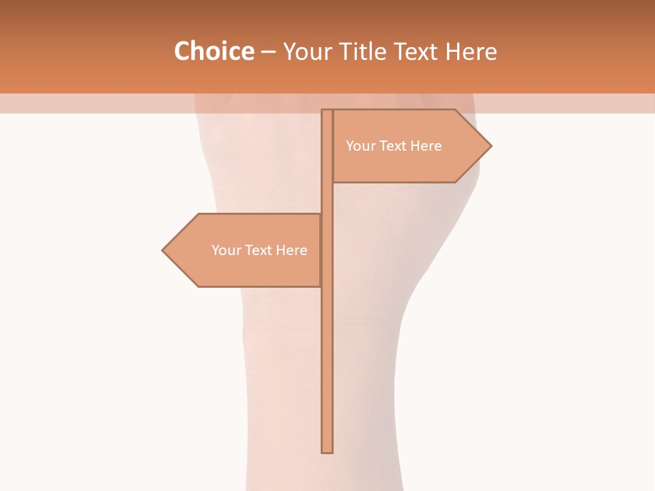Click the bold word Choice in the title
[x=214, y=51]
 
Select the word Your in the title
[x=306, y=51]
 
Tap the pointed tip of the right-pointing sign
[x=491, y=146]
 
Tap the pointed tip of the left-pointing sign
[x=163, y=250]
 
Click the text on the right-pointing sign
[x=394, y=146]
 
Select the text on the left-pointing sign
[x=259, y=250]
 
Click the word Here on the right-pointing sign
[x=426, y=146]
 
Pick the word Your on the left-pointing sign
[x=226, y=250]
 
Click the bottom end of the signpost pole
[x=327, y=451]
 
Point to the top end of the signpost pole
[x=327, y=111]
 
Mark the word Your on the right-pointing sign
[x=360, y=146]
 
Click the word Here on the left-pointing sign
[x=291, y=250]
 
